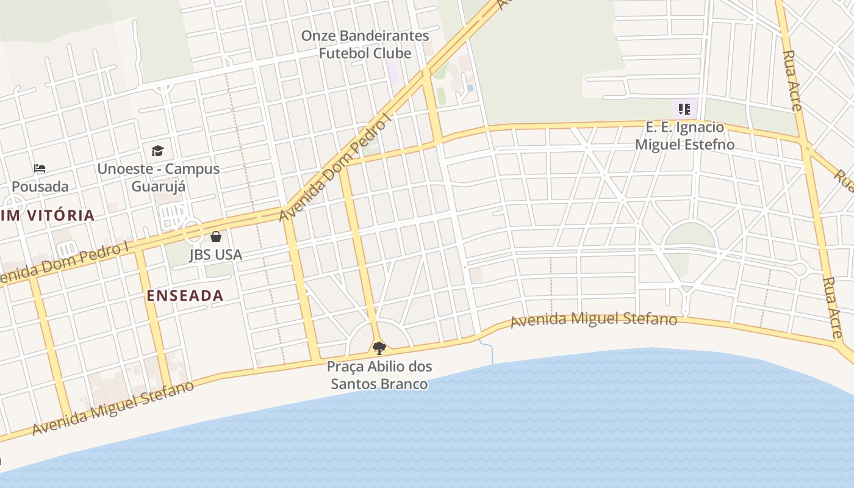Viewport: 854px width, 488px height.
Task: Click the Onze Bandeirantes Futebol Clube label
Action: [x=365, y=45]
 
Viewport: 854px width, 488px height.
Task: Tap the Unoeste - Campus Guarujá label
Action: [x=158, y=178]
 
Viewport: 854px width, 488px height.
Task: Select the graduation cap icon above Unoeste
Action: [x=157, y=151]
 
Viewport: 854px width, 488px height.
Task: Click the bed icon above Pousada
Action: [x=40, y=168]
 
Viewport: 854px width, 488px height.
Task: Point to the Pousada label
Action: [x=40, y=186]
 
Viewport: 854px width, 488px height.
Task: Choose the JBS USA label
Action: [x=215, y=254]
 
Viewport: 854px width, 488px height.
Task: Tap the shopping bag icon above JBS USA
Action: [x=216, y=237]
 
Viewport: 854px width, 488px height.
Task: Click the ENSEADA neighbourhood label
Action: [x=185, y=296]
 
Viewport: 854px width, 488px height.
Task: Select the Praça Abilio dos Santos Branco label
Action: [x=379, y=375]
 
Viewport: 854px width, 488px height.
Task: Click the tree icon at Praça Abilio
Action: [x=379, y=348]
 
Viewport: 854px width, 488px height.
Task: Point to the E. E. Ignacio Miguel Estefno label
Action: [x=684, y=136]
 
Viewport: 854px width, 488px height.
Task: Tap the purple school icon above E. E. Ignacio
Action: [x=684, y=110]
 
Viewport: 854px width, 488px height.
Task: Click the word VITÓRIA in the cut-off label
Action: [x=60, y=215]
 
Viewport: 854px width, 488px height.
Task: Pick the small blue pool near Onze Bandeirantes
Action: [x=470, y=88]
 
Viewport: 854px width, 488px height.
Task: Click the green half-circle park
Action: [x=690, y=235]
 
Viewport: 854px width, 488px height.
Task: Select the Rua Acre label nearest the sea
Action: [x=832, y=307]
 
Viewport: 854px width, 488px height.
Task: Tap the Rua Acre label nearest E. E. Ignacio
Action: [x=792, y=81]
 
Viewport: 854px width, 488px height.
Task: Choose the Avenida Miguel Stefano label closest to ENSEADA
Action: [x=113, y=408]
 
